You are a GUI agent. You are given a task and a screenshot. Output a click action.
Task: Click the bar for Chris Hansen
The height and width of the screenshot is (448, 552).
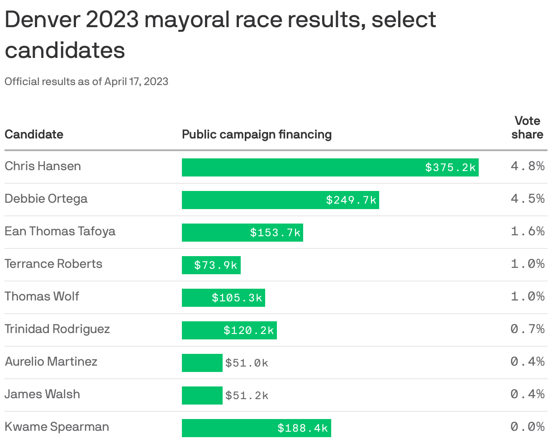330,167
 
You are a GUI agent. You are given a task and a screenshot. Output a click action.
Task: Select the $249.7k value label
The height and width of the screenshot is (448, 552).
351,200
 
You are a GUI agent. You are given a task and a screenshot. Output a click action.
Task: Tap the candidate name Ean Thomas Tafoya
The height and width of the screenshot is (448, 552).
60,231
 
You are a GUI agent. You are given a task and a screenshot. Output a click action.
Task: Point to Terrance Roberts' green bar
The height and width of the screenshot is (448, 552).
211,265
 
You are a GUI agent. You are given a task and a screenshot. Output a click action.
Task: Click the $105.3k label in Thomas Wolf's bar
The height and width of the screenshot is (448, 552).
237,298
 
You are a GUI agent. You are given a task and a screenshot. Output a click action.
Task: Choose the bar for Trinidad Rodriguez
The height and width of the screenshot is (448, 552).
229,330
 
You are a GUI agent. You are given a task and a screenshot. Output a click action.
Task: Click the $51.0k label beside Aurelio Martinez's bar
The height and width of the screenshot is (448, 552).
247,363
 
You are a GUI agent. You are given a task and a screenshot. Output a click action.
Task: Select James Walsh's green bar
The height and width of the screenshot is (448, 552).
202,396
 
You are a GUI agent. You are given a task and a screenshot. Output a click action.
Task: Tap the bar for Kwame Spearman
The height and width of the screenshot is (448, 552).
256,428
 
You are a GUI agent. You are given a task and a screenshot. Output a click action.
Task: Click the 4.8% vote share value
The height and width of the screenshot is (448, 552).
527,166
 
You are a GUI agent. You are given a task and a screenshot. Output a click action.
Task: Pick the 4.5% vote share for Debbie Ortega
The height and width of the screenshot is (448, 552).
527,199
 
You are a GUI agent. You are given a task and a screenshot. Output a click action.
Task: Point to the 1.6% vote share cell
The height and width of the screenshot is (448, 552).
527,231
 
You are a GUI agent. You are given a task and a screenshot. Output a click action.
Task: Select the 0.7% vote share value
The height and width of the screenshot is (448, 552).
527,329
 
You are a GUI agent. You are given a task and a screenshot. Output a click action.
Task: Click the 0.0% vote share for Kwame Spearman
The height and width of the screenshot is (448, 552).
527,427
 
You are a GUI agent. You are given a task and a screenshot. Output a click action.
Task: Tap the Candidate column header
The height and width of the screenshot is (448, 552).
34,134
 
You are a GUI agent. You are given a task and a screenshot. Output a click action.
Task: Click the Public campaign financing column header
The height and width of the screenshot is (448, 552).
257,134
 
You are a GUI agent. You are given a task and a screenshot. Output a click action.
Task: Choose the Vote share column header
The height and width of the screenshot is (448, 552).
527,128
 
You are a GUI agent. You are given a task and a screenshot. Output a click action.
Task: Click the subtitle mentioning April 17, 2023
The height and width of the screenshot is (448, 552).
86,81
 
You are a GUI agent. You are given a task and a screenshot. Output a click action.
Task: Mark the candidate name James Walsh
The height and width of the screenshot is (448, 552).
42,394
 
